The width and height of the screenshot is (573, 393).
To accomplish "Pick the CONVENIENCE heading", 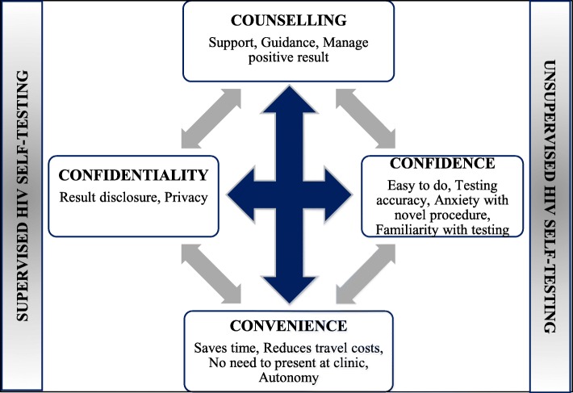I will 289,327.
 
